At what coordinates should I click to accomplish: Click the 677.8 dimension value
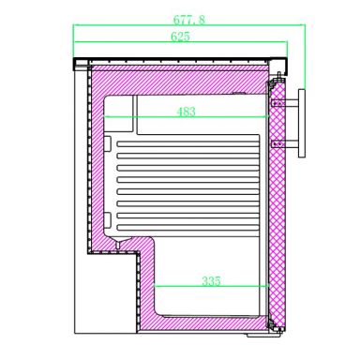(x=190, y=17)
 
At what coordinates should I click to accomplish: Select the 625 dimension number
(x=183, y=37)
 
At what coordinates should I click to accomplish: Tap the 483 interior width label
(x=186, y=112)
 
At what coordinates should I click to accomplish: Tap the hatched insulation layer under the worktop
(x=178, y=75)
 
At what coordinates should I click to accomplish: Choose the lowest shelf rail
(x=187, y=223)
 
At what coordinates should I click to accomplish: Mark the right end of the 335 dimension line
(x=267, y=287)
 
